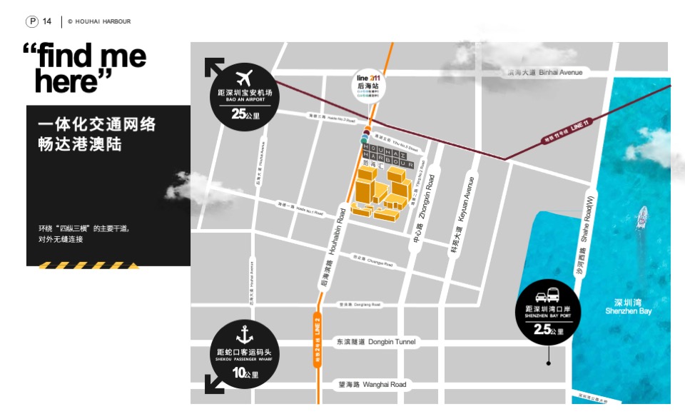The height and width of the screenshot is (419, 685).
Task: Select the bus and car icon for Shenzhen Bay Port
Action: (548, 294)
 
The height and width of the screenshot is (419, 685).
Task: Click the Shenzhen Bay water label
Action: (628, 306)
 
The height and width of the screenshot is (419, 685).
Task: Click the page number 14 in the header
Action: (47, 21)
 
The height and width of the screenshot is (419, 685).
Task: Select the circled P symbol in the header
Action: (32, 21)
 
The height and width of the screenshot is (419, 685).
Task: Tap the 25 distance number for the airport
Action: (239, 113)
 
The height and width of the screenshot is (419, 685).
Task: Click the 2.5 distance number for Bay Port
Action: (542, 329)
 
